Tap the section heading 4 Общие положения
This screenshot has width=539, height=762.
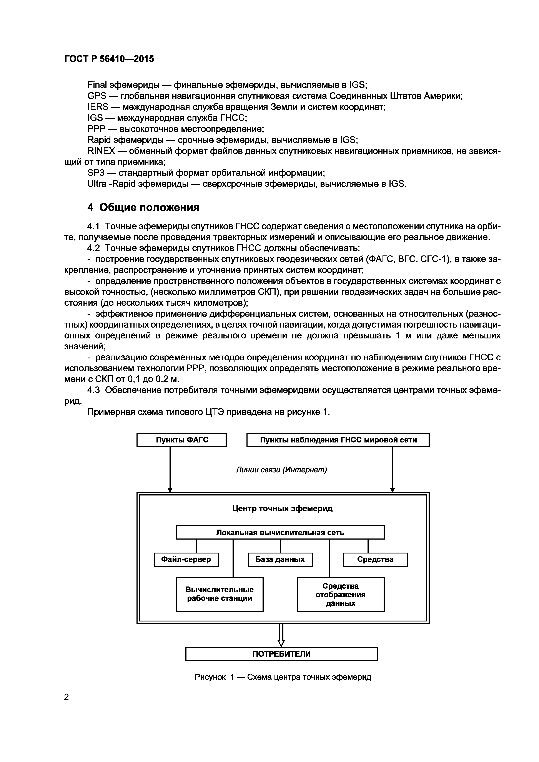tap(143, 207)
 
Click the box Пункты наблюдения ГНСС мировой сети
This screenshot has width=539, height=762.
tap(338, 440)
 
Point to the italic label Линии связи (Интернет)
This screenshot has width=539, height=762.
tap(281, 470)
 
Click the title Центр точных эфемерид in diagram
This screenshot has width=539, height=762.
tap(282, 509)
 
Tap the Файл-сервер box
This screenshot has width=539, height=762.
tap(186, 560)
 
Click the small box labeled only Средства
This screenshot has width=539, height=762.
tap(375, 560)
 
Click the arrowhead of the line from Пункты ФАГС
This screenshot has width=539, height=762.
tap(170, 490)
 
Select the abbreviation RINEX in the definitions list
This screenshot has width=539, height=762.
tap(101, 151)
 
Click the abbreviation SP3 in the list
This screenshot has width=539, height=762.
tap(96, 173)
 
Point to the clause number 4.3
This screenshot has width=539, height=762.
tap(93, 390)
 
